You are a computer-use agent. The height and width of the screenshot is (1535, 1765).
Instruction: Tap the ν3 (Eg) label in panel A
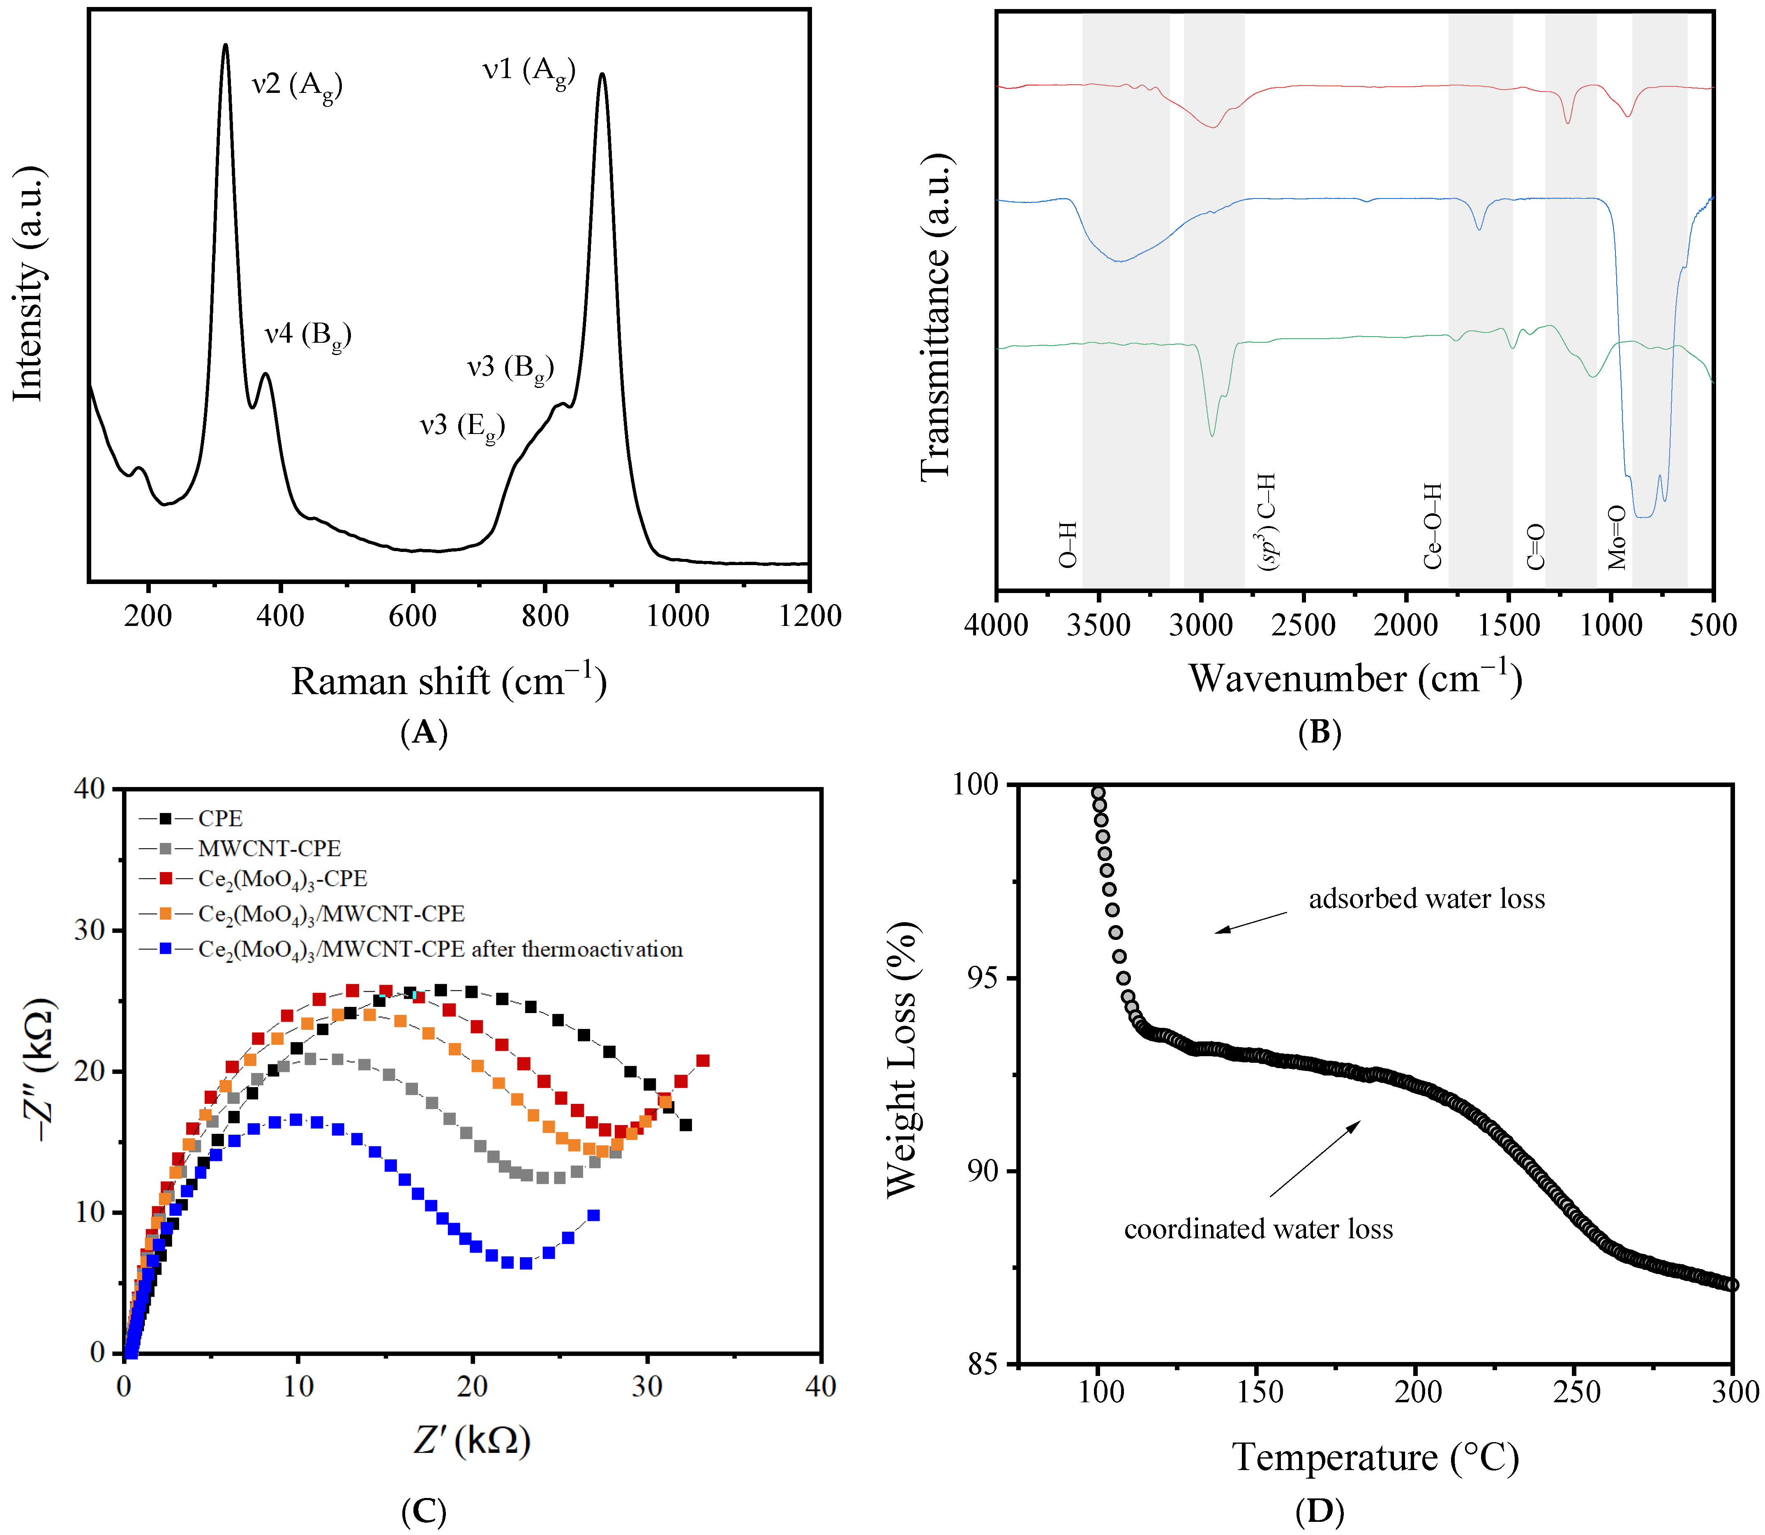(461, 426)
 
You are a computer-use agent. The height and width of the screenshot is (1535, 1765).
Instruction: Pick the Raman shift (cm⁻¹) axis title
(449, 682)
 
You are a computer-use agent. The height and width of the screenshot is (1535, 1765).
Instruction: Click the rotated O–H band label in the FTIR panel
(1067, 546)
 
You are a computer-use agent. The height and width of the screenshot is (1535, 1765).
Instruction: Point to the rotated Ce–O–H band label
(1433, 526)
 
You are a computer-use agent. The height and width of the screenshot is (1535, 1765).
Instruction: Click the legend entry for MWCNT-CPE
(269, 848)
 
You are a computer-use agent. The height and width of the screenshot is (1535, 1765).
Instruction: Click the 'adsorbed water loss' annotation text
(1427, 898)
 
